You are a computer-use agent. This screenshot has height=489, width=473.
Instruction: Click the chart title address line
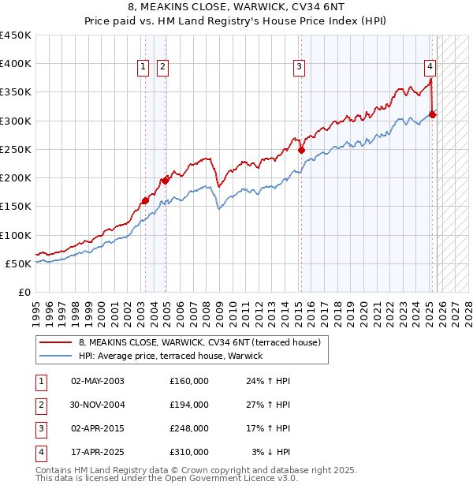pos(236,9)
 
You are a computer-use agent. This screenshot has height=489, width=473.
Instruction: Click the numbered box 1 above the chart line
pos(143,68)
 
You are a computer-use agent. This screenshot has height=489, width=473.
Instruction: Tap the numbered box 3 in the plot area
pos(300,68)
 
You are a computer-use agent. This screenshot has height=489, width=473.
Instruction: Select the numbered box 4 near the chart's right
pos(430,68)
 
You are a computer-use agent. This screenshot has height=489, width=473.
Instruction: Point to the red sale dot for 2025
pos(433,114)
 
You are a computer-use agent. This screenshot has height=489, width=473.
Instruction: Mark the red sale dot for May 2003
pos(145,200)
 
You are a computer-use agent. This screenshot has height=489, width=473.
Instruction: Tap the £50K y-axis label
pos(18,263)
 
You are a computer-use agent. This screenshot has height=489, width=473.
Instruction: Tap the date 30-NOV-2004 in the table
pos(98,405)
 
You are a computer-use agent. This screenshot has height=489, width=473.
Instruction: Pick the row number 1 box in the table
pos(39,381)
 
